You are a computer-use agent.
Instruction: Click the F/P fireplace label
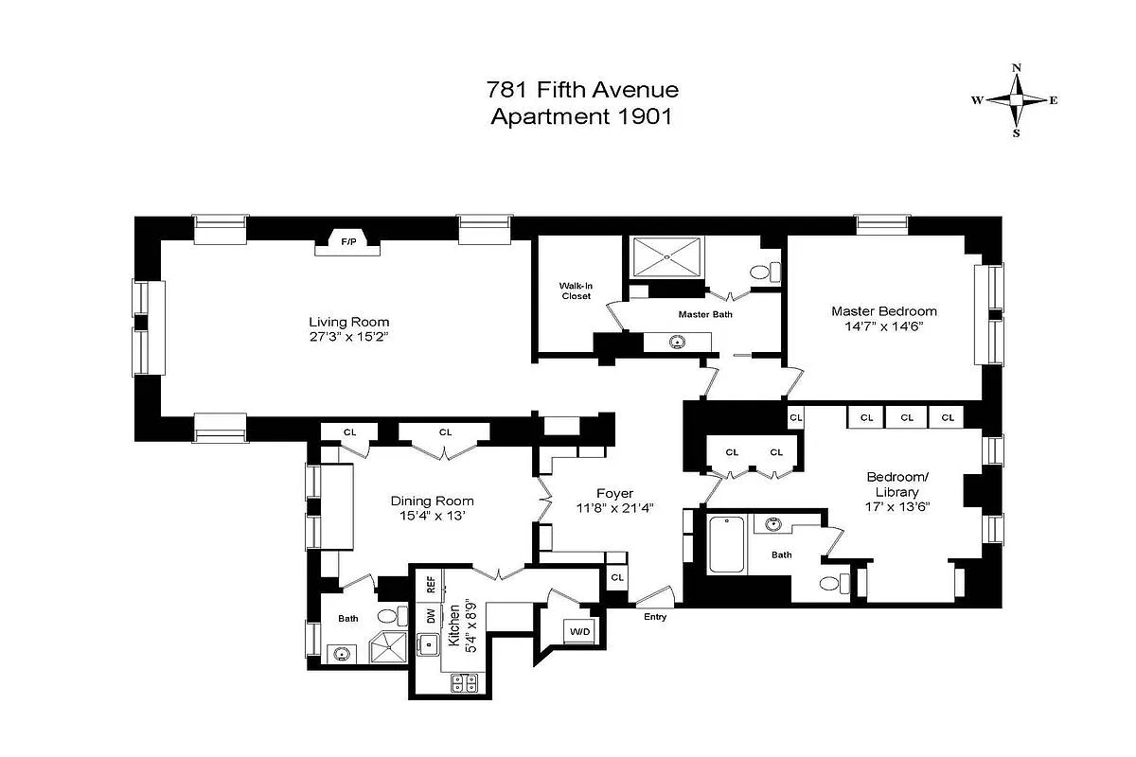348,243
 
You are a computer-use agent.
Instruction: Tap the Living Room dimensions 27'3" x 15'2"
348,336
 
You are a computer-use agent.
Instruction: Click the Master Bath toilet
764,272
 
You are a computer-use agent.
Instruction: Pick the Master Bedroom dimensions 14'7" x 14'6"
884,326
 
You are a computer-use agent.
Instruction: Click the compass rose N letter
1017,68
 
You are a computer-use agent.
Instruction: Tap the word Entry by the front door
655,617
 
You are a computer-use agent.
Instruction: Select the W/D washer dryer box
577,631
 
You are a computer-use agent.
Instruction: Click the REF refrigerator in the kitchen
430,584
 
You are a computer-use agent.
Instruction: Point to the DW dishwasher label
430,614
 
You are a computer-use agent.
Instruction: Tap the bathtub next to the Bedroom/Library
726,544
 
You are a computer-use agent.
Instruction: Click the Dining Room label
433,502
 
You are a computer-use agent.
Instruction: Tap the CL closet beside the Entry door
617,577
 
